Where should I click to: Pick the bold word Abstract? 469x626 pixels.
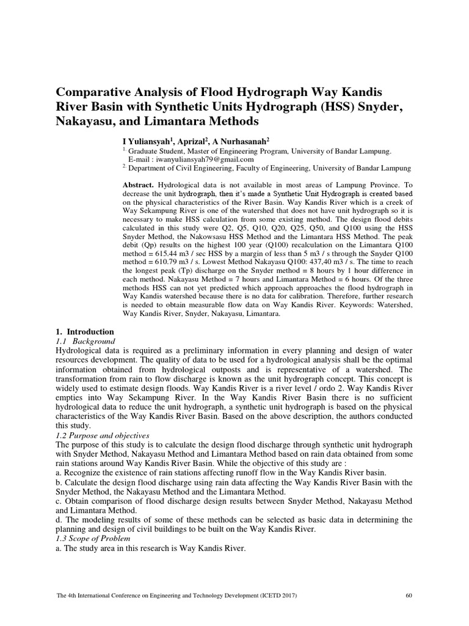coord(139,184)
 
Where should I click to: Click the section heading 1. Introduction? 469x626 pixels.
coord(84,331)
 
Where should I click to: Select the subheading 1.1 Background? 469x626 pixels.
coord(85,341)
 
